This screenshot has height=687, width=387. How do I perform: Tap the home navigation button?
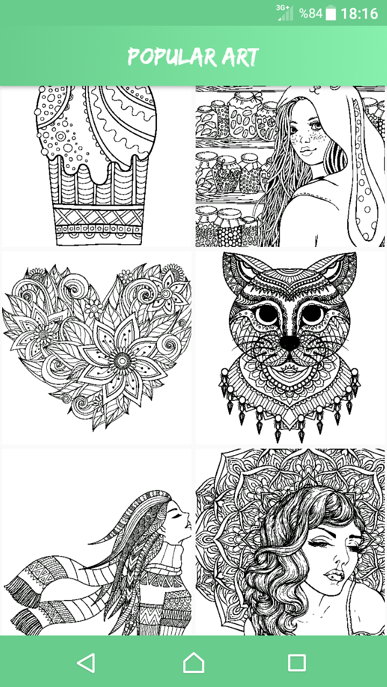point(193,663)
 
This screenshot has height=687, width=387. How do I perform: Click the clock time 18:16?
point(359,13)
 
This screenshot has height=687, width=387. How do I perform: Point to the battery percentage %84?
point(311,13)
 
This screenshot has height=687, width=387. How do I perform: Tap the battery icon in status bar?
point(331,13)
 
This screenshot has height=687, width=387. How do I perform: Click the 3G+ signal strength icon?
point(285,13)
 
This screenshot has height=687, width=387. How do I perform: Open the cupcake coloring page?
point(97,166)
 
